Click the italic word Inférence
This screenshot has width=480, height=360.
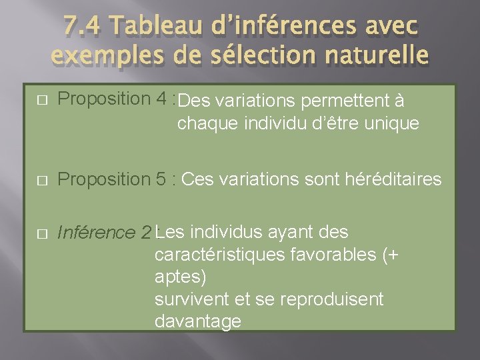pyautogui.click(x=96, y=233)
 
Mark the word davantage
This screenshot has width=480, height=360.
pyautogui.click(x=197, y=321)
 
